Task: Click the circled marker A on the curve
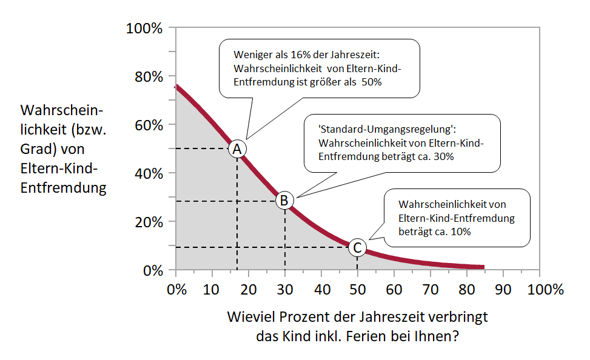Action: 237,148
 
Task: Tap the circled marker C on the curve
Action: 357,247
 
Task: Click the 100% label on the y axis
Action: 144,28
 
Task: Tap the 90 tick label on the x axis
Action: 503,289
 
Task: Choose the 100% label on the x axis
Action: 545,289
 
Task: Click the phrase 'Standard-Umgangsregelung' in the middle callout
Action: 386,130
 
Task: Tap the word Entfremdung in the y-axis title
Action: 63,188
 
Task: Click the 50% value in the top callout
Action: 371,82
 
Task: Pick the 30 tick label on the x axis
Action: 284,289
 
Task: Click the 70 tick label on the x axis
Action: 430,289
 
